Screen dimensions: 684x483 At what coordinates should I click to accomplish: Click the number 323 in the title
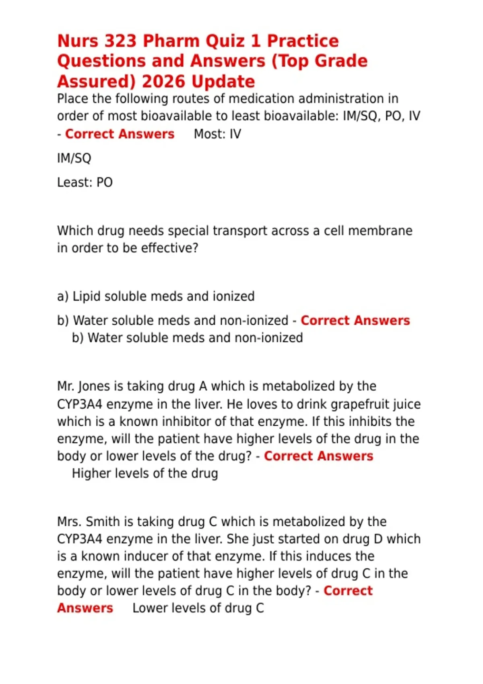click(120, 41)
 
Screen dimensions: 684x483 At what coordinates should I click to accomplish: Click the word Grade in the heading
click(341, 61)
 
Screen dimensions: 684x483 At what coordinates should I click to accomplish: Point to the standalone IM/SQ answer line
click(74, 158)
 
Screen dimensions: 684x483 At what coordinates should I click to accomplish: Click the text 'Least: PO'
click(85, 182)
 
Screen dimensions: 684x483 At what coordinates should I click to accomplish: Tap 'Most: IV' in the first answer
click(217, 134)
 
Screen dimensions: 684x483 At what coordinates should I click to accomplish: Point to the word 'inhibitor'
click(188, 421)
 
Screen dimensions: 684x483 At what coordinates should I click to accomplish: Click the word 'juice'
click(407, 404)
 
